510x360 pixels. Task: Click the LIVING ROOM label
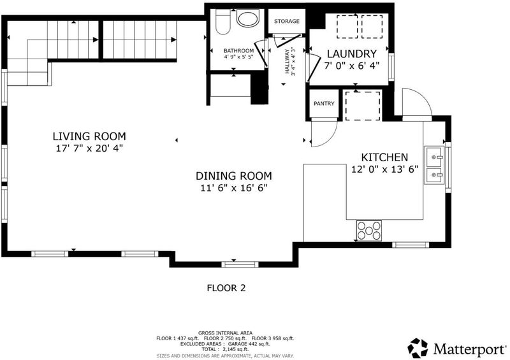point(89,136)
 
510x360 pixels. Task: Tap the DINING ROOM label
point(233,176)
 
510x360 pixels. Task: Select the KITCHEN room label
point(384,157)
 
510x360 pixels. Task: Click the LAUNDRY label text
point(352,54)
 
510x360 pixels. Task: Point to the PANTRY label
point(324,103)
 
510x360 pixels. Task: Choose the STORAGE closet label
point(286,21)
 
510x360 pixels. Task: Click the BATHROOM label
point(238,51)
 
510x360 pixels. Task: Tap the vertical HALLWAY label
point(287,61)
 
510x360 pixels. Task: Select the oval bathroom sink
point(248,18)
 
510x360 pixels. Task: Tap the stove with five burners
point(369,231)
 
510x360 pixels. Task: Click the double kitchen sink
point(434,165)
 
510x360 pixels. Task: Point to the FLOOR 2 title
point(226,288)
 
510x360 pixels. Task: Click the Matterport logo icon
point(418,349)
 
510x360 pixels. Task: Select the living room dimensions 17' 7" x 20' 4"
point(89,148)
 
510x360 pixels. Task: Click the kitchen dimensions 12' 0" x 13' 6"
point(384,169)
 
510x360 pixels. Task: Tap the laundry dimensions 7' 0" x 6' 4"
point(352,66)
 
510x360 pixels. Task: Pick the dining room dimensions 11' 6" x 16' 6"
point(233,188)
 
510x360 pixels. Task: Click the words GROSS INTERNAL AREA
point(225,333)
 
